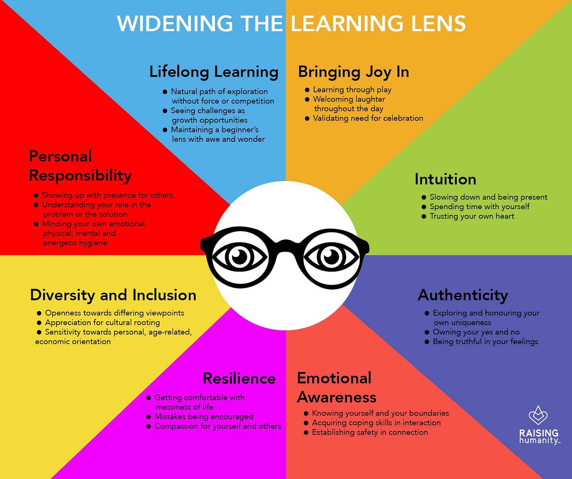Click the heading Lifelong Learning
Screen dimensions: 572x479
[x=214, y=72]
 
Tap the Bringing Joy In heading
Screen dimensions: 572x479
[x=353, y=72]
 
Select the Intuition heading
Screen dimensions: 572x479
[x=445, y=179]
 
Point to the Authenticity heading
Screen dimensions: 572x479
[x=463, y=295]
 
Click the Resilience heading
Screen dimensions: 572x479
[x=239, y=378]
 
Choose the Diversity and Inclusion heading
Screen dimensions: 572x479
[x=113, y=295]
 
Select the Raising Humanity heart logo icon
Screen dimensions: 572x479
[x=538, y=416]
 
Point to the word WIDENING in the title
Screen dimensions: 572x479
[x=175, y=24]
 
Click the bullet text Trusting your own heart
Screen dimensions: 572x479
[x=472, y=216]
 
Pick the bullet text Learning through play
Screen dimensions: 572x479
[x=352, y=89]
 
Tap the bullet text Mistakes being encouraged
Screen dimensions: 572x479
[x=204, y=417]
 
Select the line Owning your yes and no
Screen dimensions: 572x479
[x=476, y=332]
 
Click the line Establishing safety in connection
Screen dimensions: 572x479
[x=370, y=432]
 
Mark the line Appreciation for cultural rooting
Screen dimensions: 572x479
[x=103, y=323]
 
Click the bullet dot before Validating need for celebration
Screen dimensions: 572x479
[x=307, y=118]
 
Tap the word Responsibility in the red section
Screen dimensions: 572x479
[x=80, y=176]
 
